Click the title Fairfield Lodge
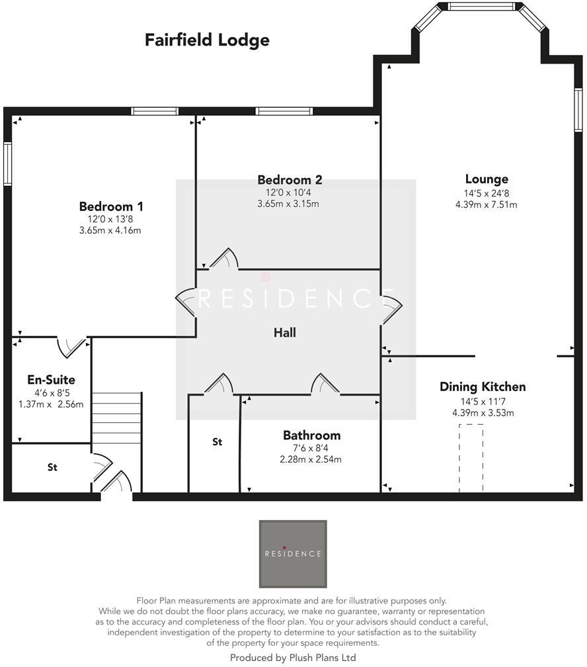pos(207,40)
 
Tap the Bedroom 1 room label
pos(111,206)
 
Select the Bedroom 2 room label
pos(290,179)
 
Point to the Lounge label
pos(487,179)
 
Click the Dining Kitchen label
pos(483,386)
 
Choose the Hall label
pos(285,333)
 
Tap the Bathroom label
pos(312,435)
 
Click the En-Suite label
pos(51,380)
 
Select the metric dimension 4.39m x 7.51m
pos(486,204)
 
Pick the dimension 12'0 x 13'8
pos(111,219)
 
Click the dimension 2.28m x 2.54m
pos(312,459)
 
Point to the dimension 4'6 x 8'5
pos(51,392)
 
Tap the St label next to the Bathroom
pos(217,441)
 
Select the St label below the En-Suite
pos(52,467)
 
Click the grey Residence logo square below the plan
pos(293,554)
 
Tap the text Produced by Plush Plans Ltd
pos(293,658)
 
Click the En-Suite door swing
pos(71,346)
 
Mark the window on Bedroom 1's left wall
pos(7,163)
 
